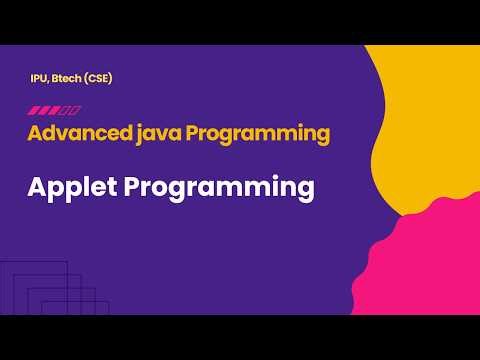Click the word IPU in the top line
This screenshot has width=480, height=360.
coord(40,78)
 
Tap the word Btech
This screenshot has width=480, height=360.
coord(68,78)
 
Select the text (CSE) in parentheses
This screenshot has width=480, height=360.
coord(98,78)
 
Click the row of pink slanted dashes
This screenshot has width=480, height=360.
coord(54,109)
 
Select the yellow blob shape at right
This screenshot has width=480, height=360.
coord(430,130)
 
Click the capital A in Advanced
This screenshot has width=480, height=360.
coord(35,132)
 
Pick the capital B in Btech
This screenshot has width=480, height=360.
coord(56,78)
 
